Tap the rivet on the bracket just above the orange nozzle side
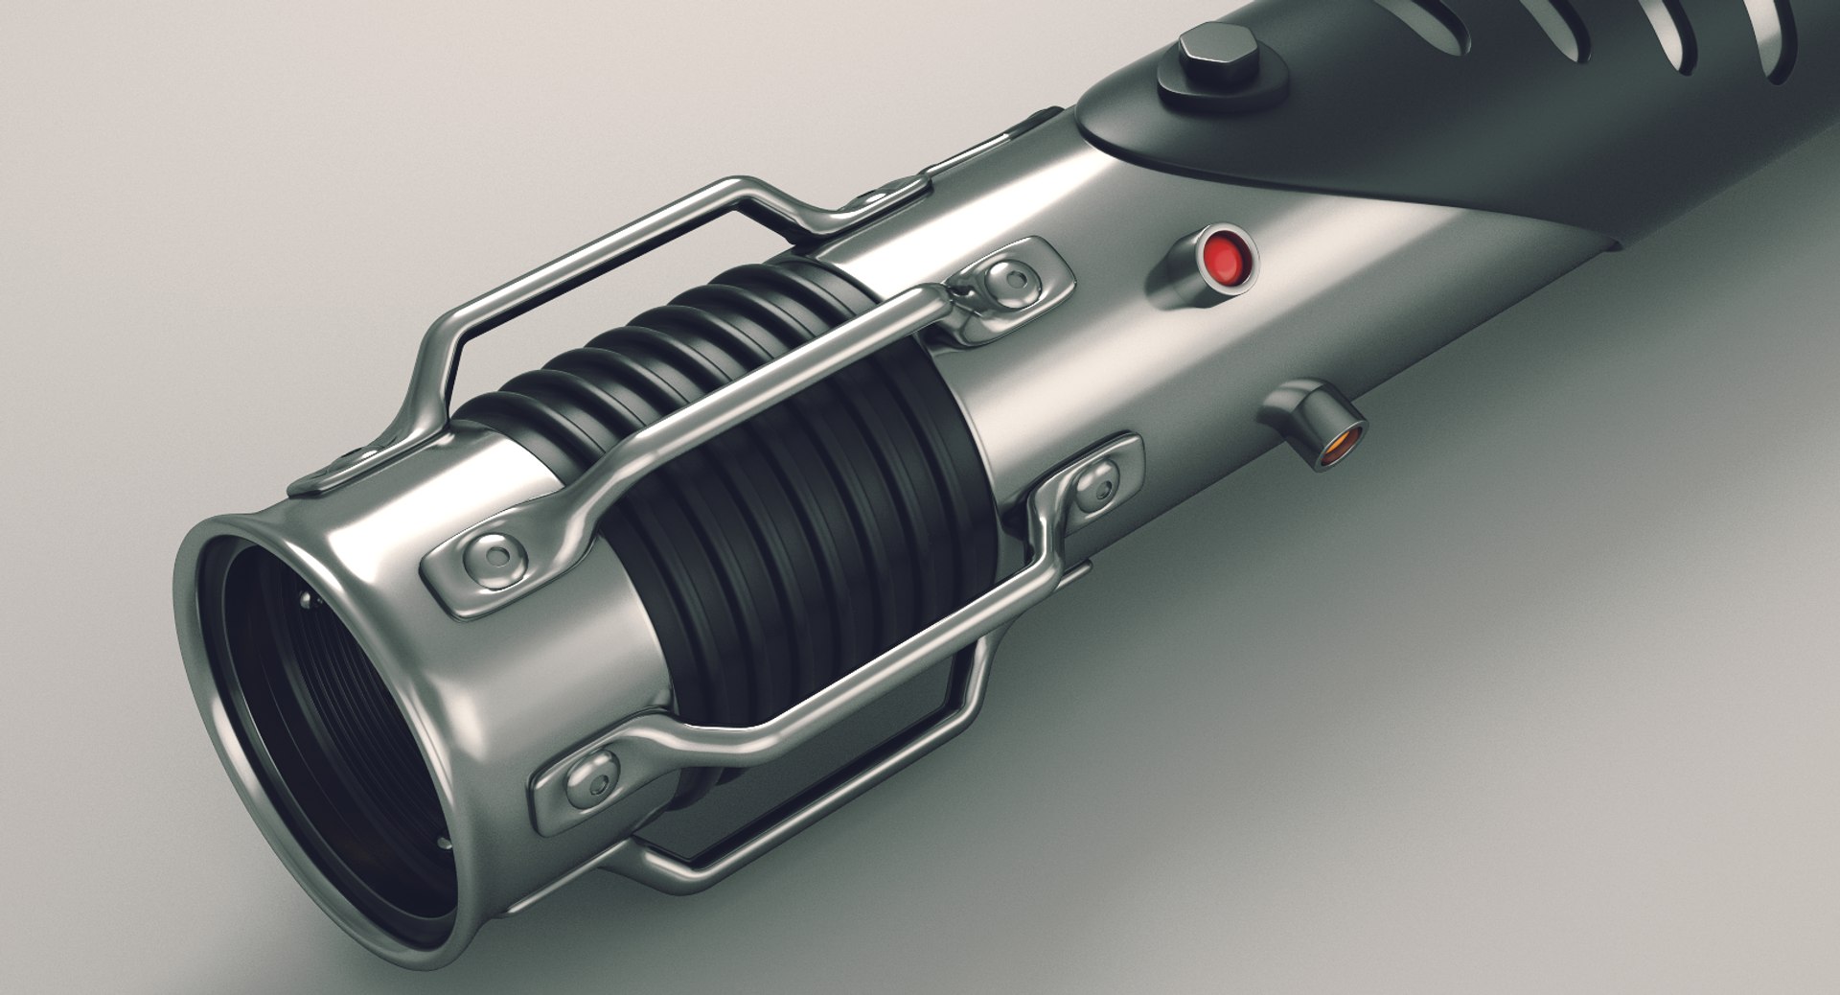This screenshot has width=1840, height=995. tap(1095, 481)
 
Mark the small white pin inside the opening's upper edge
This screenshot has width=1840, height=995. tap(306, 601)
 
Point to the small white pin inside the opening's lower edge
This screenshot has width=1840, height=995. tap(442, 843)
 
